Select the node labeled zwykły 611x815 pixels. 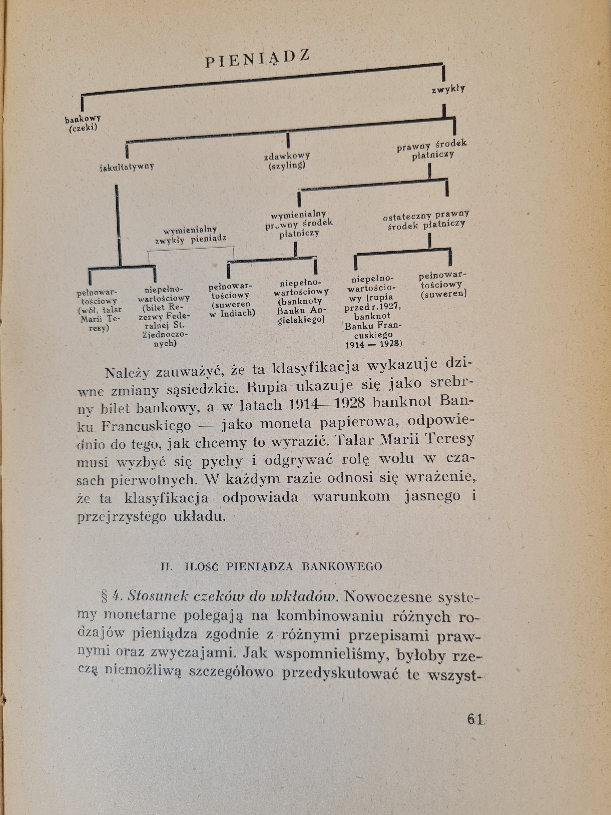point(448,89)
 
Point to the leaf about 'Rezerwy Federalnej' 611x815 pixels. point(164,316)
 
